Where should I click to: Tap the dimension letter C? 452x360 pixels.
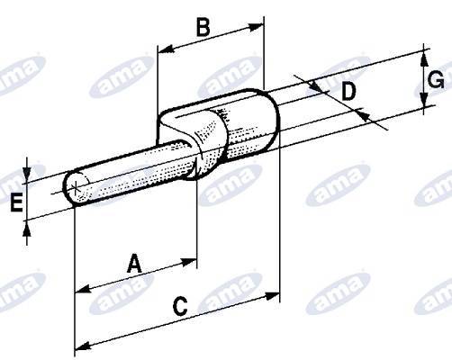click(x=179, y=306)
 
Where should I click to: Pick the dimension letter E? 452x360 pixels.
click(x=15, y=203)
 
